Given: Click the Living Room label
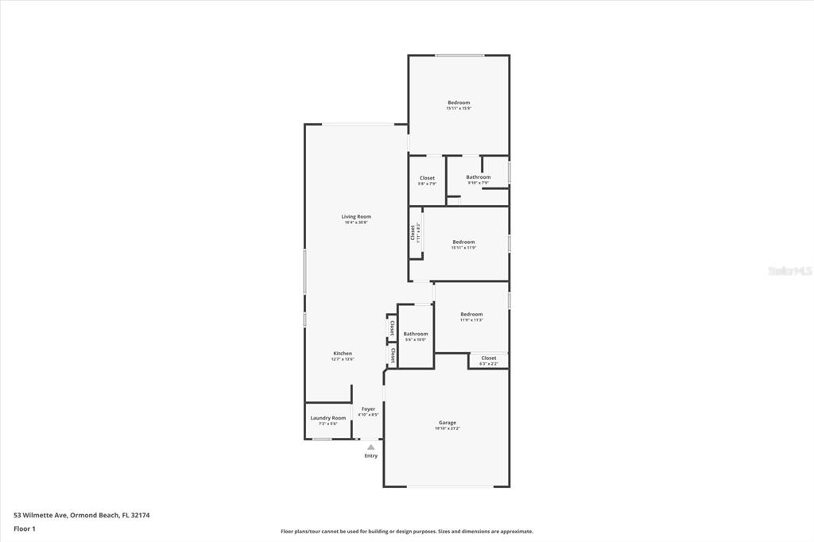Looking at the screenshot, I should (356, 216).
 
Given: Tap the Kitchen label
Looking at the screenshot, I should (343, 353).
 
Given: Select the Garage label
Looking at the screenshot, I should (448, 422).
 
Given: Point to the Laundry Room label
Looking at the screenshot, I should (328, 417).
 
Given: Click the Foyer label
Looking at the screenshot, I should (368, 408).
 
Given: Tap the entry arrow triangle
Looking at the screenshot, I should (370, 447).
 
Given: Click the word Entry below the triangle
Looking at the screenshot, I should (371, 455).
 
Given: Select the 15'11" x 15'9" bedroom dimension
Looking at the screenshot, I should (459, 108).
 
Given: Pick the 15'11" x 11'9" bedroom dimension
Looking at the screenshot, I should (463, 247).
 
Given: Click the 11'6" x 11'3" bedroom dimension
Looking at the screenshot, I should (471, 320).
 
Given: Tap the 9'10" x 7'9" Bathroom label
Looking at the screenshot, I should (478, 177).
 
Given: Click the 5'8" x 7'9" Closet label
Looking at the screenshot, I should (427, 178).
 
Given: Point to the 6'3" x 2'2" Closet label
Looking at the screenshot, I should (489, 358).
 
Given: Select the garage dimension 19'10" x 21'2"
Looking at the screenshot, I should (448, 428).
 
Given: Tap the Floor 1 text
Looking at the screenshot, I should (25, 528).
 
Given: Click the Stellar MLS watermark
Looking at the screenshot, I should (789, 271).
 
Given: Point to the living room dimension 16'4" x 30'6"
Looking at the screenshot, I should (356, 223).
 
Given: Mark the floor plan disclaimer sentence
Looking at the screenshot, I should (407, 532).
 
